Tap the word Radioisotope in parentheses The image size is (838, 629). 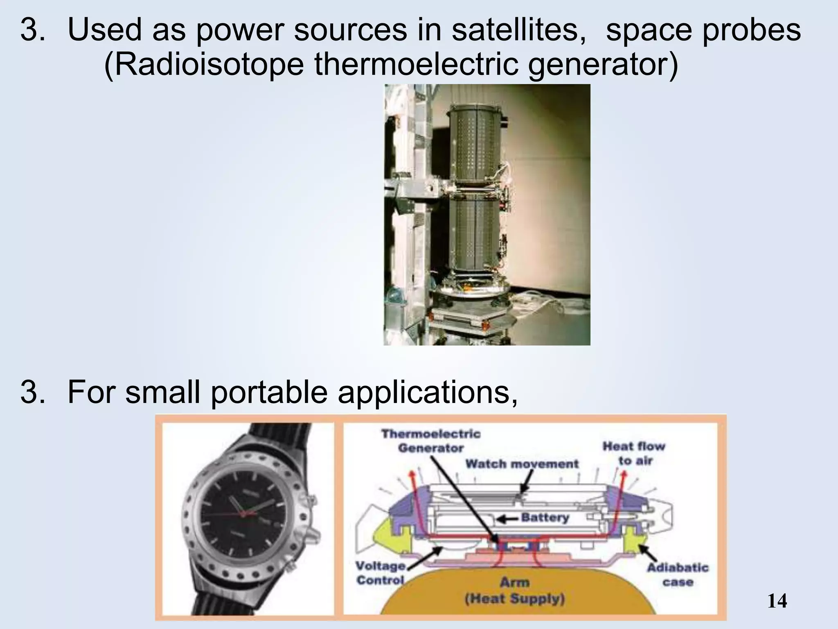click(204, 66)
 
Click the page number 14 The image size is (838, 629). click(777, 601)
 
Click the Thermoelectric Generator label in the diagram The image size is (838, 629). click(430, 441)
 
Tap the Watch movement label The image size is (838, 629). click(522, 464)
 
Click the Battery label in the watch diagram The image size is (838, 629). click(545, 518)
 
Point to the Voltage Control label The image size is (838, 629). click(380, 573)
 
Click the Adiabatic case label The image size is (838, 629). click(677, 575)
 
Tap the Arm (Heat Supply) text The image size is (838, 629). click(515, 591)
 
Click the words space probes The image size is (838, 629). click(703, 31)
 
